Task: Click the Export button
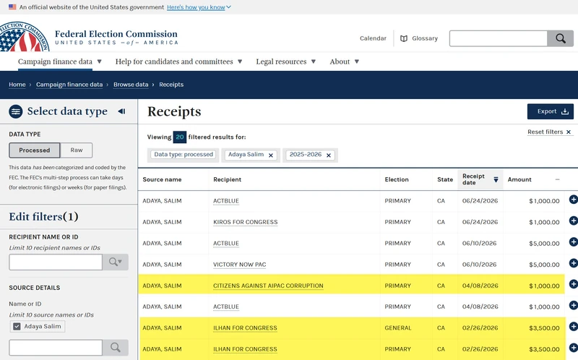(x=550, y=111)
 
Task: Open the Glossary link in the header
(x=419, y=38)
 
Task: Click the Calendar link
(x=373, y=38)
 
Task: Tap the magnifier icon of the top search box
(x=561, y=38)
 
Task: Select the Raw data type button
(x=77, y=150)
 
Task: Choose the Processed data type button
(x=34, y=150)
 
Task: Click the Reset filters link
(x=549, y=132)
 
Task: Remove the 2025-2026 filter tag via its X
(x=329, y=155)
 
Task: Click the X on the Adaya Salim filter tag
(x=270, y=155)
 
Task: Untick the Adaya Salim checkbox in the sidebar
(x=17, y=327)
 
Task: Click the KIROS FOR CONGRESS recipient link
(x=245, y=222)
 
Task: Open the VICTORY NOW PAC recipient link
(x=239, y=265)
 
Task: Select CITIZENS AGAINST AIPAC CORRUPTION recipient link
(x=268, y=286)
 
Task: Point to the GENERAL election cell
(x=398, y=328)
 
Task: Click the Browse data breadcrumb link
(x=131, y=85)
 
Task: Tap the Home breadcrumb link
(x=17, y=85)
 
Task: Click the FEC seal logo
(x=25, y=37)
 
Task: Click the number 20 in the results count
(x=179, y=137)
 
